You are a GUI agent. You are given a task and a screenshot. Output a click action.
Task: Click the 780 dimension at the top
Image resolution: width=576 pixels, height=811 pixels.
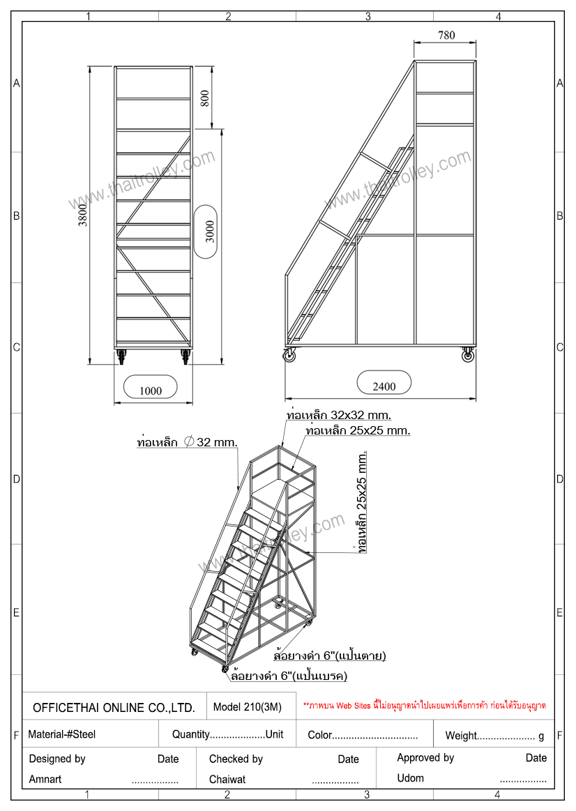[446, 35]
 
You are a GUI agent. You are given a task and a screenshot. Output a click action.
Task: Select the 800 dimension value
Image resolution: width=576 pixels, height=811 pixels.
[205, 98]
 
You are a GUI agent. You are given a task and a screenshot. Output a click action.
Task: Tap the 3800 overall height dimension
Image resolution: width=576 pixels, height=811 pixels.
[83, 215]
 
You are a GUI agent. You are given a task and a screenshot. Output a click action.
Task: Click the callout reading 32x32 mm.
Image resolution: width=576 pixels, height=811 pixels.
[339, 416]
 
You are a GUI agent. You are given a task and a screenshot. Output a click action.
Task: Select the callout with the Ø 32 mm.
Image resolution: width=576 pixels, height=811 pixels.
[187, 442]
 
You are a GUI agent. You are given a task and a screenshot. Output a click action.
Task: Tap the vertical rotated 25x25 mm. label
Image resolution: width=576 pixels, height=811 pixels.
[362, 501]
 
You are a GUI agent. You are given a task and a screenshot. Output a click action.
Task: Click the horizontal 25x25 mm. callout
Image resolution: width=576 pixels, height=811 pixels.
[358, 430]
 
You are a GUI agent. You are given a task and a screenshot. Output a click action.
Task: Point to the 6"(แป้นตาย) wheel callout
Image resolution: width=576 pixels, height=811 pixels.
[330, 655]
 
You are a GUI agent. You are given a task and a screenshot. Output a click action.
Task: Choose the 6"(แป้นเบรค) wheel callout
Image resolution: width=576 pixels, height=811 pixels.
[289, 676]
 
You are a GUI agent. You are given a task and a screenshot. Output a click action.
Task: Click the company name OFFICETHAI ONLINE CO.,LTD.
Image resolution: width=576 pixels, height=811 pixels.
[114, 708]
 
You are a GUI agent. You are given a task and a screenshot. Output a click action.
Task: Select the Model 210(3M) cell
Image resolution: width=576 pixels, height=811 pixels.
[247, 707]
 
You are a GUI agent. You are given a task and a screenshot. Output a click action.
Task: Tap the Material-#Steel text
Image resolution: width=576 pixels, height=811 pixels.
[61, 734]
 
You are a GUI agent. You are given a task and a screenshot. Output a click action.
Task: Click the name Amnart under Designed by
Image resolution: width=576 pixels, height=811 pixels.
[45, 780]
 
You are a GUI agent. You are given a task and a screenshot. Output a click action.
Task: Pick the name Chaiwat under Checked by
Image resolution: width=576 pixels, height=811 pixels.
[227, 780]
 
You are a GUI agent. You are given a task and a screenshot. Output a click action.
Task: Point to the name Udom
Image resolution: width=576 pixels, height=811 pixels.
[411, 778]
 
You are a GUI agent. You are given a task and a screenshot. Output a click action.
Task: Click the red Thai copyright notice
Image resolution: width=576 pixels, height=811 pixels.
[425, 706]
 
